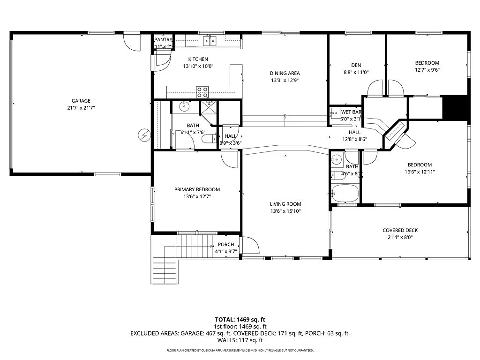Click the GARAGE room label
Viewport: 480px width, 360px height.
point(81,101)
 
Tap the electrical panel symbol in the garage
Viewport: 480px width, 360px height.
point(143,136)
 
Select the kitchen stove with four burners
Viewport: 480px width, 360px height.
point(202,92)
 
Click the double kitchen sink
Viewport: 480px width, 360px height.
point(210,42)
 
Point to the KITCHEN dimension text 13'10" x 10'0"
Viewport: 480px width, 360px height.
point(198,67)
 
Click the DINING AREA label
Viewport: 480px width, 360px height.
point(285,73)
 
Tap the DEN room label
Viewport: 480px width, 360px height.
point(356,65)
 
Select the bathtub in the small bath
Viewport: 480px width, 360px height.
point(345,192)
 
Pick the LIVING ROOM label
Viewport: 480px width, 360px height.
point(285,204)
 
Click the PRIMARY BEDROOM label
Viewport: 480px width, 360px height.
point(197,189)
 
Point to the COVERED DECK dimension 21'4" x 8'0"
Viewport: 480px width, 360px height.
point(400,237)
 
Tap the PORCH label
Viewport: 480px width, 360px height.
point(226,244)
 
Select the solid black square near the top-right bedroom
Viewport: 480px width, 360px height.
point(456,108)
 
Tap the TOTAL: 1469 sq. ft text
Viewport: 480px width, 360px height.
point(240,319)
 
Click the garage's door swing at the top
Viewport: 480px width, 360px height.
point(132,43)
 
